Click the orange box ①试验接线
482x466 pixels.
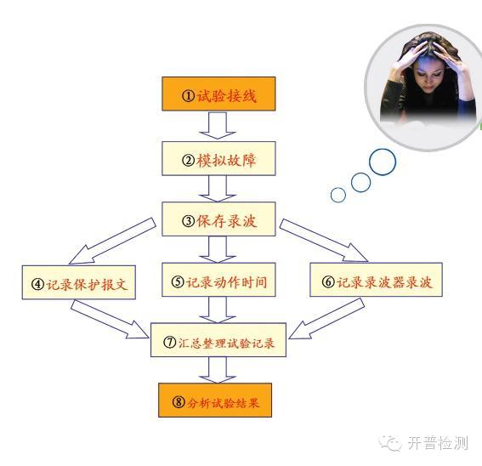pyautogui.click(x=218, y=94)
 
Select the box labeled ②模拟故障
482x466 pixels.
pyautogui.click(x=218, y=159)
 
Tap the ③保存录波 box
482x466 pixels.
pyautogui.click(x=218, y=219)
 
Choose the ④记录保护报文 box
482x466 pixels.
pyautogui.click(x=79, y=282)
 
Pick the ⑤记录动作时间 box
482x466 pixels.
pyautogui.click(x=218, y=280)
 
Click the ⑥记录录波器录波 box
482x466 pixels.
pyautogui.click(x=376, y=280)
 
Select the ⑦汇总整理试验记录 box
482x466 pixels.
pyautogui.click(x=218, y=340)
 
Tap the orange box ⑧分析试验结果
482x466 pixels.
pyautogui.click(x=215, y=401)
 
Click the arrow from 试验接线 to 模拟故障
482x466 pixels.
pyautogui.click(x=218, y=126)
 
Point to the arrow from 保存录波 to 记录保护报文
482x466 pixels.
pyautogui.click(x=112, y=242)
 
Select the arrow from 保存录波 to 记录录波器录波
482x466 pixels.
pyautogui.click(x=323, y=241)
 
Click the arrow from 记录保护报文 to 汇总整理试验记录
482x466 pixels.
pyautogui.click(x=110, y=319)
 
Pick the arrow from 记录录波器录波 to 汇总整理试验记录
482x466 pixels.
pyautogui.click(x=326, y=318)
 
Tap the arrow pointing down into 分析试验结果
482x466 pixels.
pyautogui.click(x=218, y=370)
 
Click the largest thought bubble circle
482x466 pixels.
pyautogui.click(x=383, y=162)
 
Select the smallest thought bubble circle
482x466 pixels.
pyautogui.click(x=338, y=195)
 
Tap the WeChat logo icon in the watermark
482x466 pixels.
pyautogui.click(x=390, y=443)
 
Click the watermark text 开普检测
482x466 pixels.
pyautogui.click(x=438, y=443)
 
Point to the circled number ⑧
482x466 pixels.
pyautogui.click(x=179, y=401)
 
